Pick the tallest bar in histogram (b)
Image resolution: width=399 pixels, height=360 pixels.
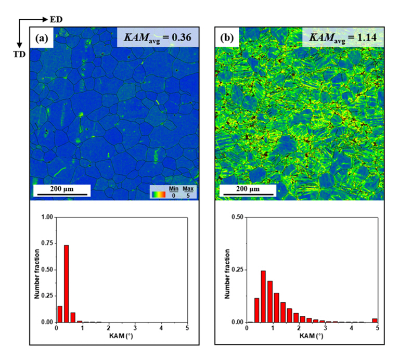(263, 297)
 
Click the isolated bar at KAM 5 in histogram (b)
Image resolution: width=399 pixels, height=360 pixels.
(375, 320)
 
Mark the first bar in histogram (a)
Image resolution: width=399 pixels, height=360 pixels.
(59, 314)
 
